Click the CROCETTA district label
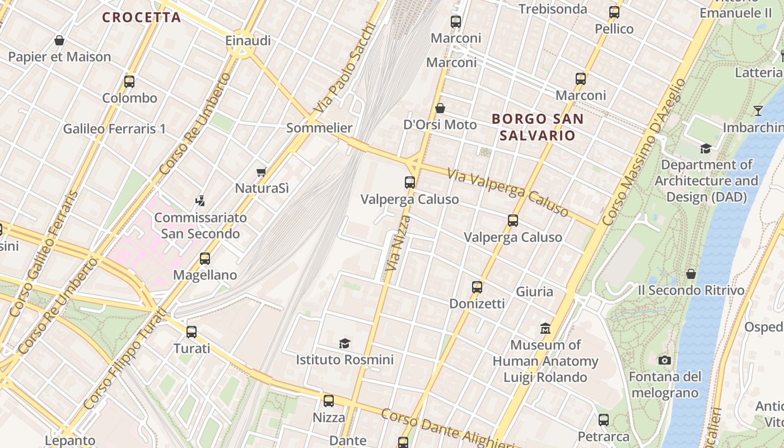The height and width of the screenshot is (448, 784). [142, 17]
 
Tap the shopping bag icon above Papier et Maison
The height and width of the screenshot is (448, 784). [59, 40]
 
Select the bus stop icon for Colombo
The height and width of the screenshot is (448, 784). [129, 82]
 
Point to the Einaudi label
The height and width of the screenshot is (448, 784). [248, 40]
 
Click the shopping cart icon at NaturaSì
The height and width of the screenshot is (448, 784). [261, 172]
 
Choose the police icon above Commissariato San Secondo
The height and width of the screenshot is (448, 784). [200, 200]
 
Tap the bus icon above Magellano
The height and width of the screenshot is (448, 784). [205, 259]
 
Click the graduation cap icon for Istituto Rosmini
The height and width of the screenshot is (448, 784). [344, 343]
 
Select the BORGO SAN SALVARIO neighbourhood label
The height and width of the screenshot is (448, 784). [538, 127]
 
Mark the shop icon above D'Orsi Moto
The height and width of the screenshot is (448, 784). [440, 108]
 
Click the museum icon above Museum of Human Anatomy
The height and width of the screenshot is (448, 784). [545, 328]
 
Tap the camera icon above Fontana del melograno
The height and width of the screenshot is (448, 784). [665, 360]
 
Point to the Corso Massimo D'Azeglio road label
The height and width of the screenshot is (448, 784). [645, 152]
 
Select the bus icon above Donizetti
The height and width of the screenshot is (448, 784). [477, 287]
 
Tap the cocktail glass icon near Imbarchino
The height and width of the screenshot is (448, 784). [758, 110]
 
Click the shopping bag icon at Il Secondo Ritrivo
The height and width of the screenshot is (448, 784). [691, 274]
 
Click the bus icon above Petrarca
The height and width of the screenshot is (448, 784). [603, 419]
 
